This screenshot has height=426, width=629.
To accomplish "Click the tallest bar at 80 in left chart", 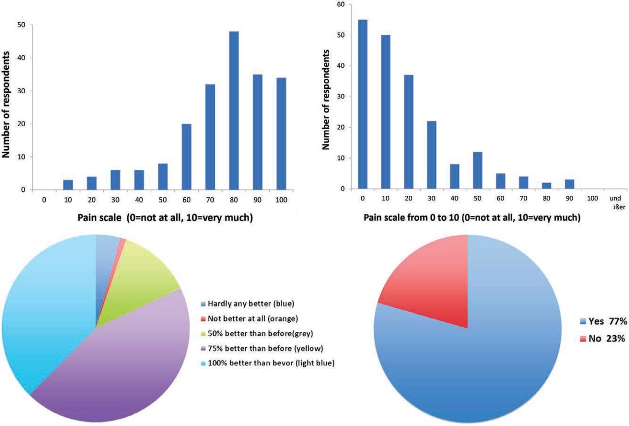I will [234, 111].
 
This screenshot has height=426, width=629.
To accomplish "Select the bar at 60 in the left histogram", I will [187, 157].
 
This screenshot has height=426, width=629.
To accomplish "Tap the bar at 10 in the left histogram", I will [68, 185].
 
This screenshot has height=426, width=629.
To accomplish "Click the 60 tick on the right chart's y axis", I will [341, 4].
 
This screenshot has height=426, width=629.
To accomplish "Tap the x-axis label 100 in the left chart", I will [281, 200].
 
